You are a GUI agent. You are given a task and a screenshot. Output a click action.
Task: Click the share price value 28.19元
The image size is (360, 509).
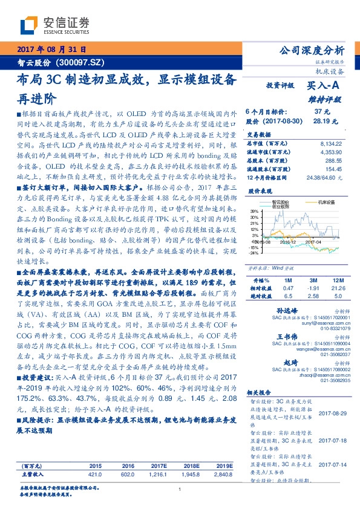tap(327, 121)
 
